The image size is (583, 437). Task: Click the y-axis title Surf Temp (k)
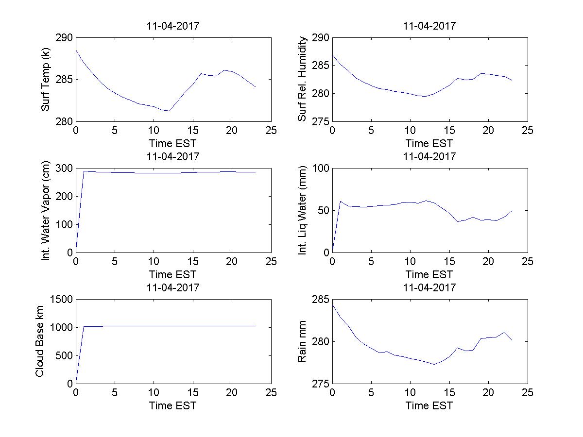click(x=46, y=80)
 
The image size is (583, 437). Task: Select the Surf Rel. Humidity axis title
click(x=303, y=79)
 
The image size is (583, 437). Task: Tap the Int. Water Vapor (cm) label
click(x=46, y=210)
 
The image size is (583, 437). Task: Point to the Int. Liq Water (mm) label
click(x=303, y=210)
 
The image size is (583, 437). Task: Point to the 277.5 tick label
click(x=332, y=362)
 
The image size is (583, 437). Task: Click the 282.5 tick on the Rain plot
click(x=332, y=320)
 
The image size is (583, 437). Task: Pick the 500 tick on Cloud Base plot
click(x=64, y=355)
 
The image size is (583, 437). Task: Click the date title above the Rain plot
click(x=429, y=287)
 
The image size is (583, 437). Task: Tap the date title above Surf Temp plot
click(x=173, y=26)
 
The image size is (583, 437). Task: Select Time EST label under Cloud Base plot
click(x=173, y=405)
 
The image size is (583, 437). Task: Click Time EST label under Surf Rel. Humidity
click(x=429, y=143)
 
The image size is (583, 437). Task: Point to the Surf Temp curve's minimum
click(x=169, y=111)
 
